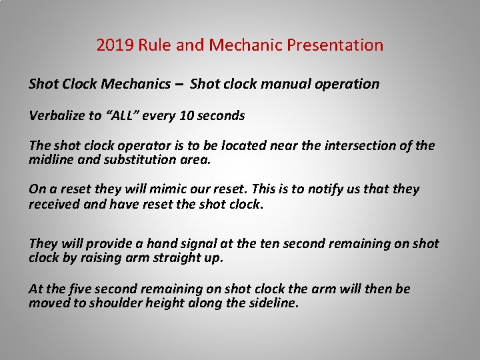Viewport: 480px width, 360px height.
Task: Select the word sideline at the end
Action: [274, 303]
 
